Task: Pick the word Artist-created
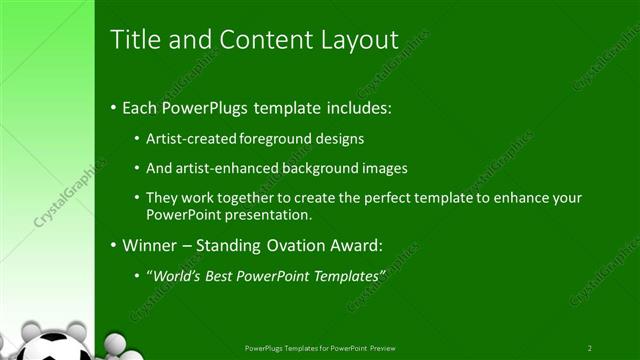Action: (188, 139)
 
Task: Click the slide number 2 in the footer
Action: (590, 348)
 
